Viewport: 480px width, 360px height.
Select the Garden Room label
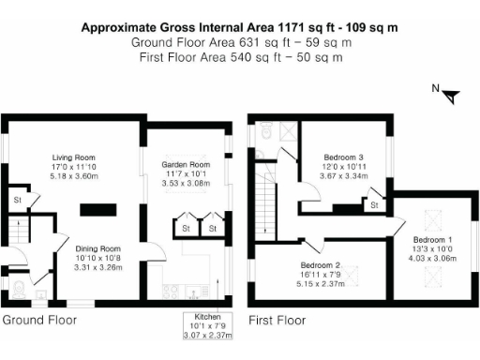coord(186,165)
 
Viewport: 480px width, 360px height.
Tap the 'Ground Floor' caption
coord(40,320)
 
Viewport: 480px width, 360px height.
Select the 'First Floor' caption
coord(277,320)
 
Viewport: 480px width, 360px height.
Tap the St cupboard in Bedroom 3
coord(373,203)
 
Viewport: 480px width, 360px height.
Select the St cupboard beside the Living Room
coord(17,200)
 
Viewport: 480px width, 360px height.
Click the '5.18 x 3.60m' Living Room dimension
coord(72,176)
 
